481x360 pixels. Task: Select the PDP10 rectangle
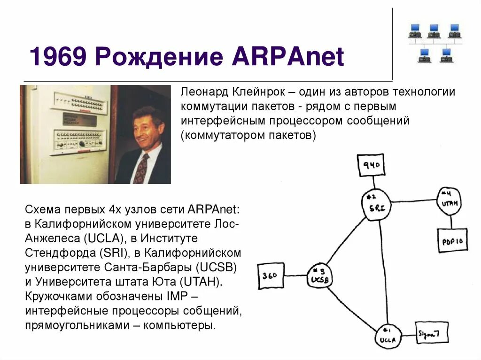click(452, 241)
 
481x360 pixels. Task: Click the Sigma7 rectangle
click(431, 333)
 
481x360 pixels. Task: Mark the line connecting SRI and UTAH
click(413, 202)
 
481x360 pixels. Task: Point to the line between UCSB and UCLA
click(352, 305)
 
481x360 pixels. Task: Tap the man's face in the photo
click(146, 129)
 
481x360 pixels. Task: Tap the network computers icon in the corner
click(435, 42)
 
